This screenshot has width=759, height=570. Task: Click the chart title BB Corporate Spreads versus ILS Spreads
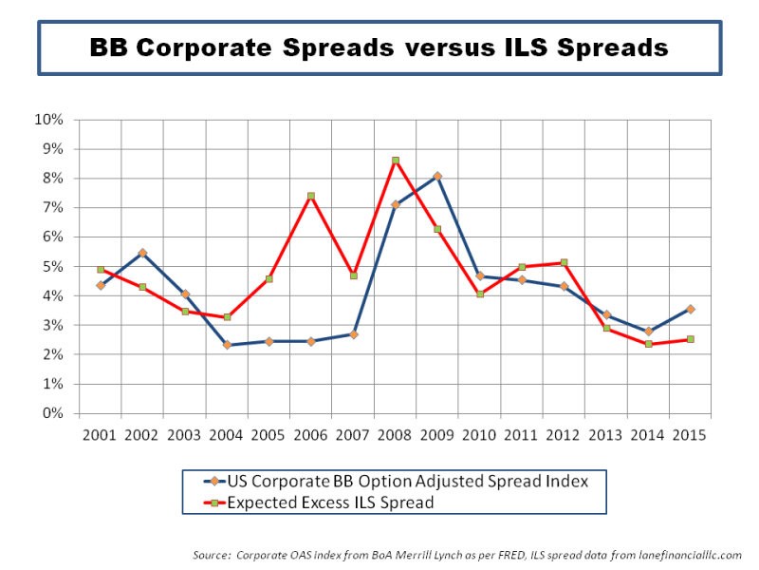point(379,47)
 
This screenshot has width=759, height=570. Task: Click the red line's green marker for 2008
point(396,161)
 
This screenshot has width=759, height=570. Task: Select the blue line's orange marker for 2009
point(437,176)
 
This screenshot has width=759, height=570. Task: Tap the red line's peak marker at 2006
point(311,196)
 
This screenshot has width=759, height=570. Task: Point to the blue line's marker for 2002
point(142,253)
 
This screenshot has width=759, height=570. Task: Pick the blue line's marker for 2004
point(227,345)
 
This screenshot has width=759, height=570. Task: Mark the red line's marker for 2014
point(648,344)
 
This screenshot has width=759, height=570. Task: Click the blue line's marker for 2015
point(690,309)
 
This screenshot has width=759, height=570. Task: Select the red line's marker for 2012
point(564,262)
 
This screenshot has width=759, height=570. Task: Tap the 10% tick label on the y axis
point(48,120)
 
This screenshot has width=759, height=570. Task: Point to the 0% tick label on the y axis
point(52,414)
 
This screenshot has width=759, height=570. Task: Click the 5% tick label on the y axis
point(52,267)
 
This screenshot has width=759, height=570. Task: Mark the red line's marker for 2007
point(353,275)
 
